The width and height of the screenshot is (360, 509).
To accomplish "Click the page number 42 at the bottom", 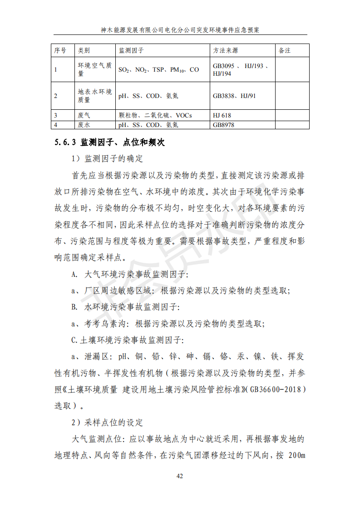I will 180,476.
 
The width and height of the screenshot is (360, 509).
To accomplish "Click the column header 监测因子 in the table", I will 131,50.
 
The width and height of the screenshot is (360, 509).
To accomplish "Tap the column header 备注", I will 285,50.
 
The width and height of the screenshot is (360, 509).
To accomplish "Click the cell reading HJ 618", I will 222,116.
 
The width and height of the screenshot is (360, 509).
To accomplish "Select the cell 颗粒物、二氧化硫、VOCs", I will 155,116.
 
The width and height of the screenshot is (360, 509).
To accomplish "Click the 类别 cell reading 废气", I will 84,116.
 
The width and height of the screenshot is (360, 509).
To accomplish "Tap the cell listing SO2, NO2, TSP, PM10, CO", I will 158,70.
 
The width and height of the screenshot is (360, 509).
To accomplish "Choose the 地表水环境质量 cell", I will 95,96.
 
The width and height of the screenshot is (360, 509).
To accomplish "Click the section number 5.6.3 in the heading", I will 65,142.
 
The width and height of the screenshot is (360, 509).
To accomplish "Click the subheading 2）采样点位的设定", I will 108,422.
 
